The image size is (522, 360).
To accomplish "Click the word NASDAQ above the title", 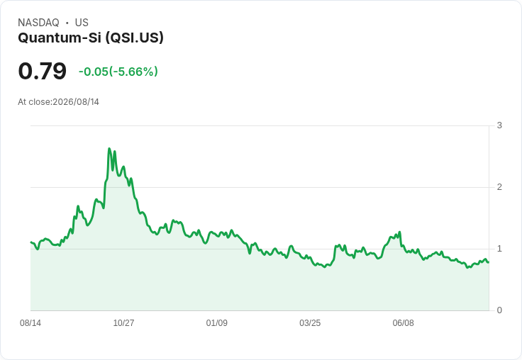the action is [38, 23].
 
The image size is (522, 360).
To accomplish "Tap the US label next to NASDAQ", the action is [82, 23].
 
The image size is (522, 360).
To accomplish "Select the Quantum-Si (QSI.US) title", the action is [91, 38].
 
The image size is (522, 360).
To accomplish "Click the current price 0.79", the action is [43, 71].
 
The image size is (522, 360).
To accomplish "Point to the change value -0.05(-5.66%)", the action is [118, 72].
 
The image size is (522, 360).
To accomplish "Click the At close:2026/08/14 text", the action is [59, 102].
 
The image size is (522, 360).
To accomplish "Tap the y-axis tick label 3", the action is [499, 125].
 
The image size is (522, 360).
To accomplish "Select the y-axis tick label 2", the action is [499, 187].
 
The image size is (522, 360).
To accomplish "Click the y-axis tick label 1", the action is [499, 249].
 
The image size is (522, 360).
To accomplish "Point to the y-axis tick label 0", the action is [499, 310].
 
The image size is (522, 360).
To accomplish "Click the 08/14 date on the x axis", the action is [30, 323].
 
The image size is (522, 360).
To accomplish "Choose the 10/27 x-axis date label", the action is [123, 323].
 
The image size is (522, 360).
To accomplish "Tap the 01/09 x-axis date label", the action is [217, 323].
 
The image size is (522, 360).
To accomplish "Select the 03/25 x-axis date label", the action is [310, 323].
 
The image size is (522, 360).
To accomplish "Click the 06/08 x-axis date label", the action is [403, 323].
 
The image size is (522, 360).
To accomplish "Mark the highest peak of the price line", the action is [109, 148].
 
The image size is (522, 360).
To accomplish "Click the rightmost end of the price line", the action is [489, 262].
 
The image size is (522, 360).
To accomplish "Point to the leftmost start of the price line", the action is [30, 242].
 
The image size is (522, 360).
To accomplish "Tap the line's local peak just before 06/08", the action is [399, 232].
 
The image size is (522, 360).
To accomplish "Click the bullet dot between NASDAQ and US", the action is [67, 23].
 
